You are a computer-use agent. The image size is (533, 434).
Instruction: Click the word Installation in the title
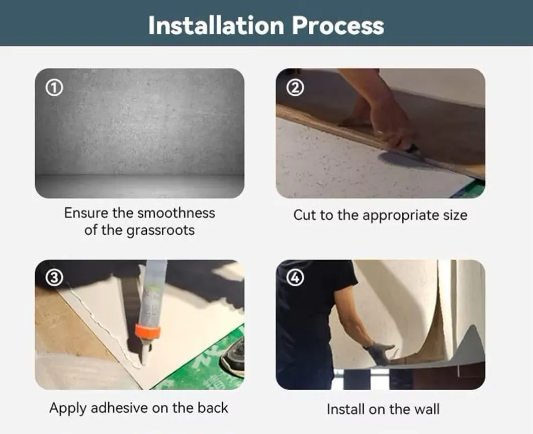211,25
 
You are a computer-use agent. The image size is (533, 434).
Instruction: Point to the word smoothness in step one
176,212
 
